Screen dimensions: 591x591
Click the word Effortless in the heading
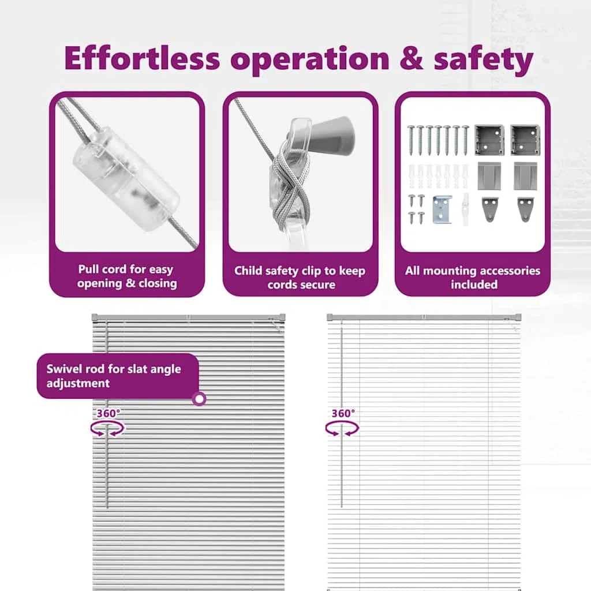point(142,58)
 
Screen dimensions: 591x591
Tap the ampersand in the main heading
point(411,58)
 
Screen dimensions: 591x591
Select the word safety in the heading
point(484,60)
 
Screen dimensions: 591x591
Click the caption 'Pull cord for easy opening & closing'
point(126,276)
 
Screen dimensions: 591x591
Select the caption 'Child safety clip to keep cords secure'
point(300,278)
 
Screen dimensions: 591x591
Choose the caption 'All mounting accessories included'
point(473,278)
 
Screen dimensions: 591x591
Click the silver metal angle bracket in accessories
point(442,210)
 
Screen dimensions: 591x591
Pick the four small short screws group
point(416,209)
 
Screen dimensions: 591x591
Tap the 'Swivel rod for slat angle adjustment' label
point(114,376)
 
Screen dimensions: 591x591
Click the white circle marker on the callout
point(199,398)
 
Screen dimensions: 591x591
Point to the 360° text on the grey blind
point(109,413)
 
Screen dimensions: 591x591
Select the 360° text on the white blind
point(343,413)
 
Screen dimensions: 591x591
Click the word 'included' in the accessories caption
point(474,285)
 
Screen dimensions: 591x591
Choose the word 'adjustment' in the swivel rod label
point(78,383)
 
